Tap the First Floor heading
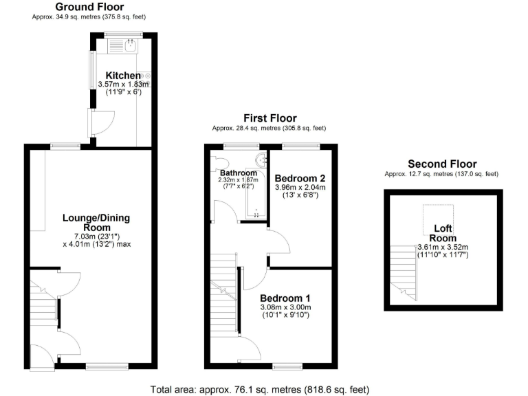(269, 118)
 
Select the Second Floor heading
(441, 164)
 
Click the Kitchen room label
(123, 75)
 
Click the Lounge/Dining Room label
(96, 223)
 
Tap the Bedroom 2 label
(300, 177)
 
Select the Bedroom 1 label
(285, 298)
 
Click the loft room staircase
(403, 269)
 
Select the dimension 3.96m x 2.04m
(300, 186)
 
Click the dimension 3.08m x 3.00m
(285, 307)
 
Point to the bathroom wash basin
(261, 161)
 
